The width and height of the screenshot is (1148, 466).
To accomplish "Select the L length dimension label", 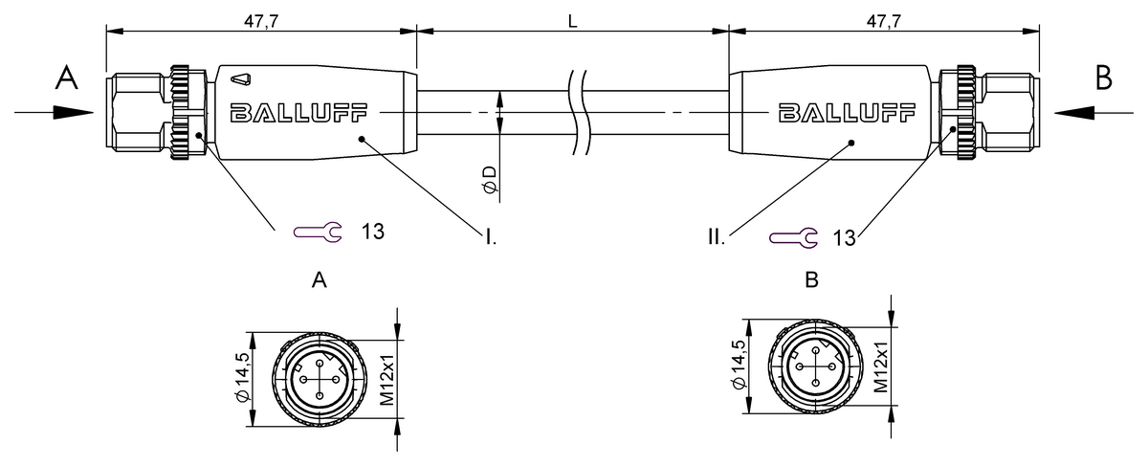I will pyautogui.click(x=572, y=19).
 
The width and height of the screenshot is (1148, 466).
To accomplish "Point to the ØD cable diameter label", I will pyautogui.click(x=490, y=179).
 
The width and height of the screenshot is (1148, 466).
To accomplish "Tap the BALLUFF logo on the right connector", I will pyautogui.click(x=830, y=113).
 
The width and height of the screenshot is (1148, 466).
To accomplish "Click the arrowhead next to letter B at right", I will pyautogui.click(x=1073, y=112).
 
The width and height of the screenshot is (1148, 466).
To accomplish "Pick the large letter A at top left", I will pyautogui.click(x=65, y=78).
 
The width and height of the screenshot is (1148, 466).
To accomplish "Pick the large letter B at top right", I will pyautogui.click(x=1104, y=78).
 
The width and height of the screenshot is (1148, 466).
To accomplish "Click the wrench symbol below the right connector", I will pyautogui.click(x=794, y=236).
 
